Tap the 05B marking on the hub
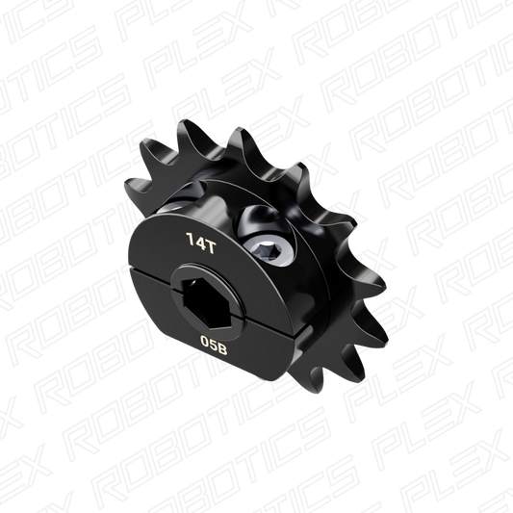215,342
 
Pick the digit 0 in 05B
205,341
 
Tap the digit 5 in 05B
215,342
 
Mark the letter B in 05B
224,343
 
